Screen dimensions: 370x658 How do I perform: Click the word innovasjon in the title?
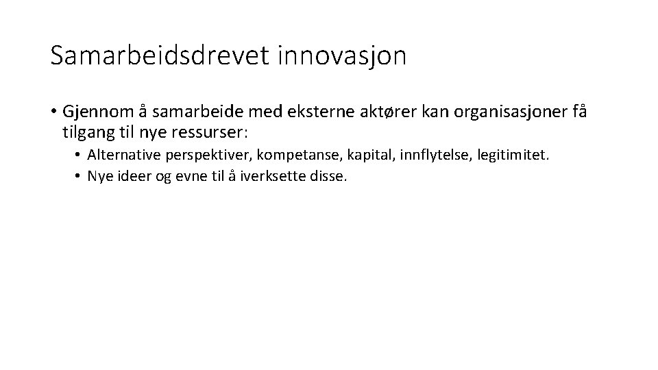coord(342,56)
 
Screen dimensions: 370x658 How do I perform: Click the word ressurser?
coord(219,131)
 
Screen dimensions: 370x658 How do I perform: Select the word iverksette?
coord(280,176)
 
